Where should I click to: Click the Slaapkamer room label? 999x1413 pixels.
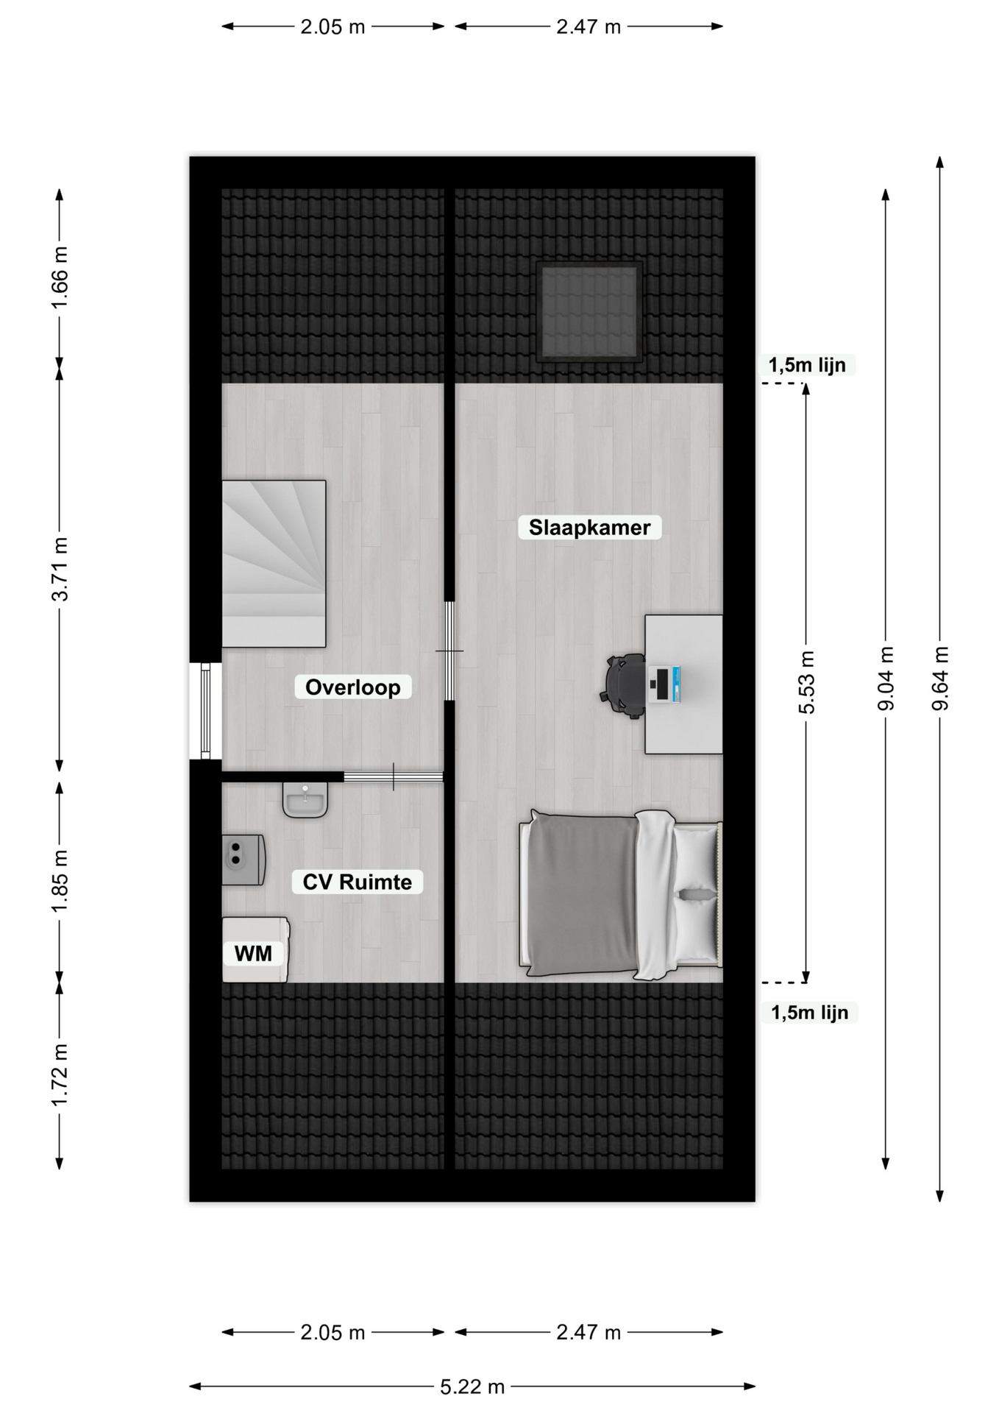pyautogui.click(x=589, y=528)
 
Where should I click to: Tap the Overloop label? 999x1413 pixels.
pyautogui.click(x=352, y=687)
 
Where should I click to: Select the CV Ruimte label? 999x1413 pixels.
pyautogui.click(x=357, y=882)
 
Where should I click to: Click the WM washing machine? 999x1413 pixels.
pyautogui.click(x=256, y=949)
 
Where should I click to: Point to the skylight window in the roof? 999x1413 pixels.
pyautogui.click(x=589, y=311)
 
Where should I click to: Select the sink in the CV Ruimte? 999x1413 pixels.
pyautogui.click(x=305, y=799)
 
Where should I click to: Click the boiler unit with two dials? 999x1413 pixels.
pyautogui.click(x=243, y=860)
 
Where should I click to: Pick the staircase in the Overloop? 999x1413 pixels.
pyautogui.click(x=274, y=564)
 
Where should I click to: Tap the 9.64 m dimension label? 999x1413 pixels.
pyautogui.click(x=940, y=678)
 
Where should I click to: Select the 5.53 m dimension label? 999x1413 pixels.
pyautogui.click(x=806, y=682)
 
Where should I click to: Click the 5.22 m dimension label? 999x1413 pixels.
pyautogui.click(x=472, y=1387)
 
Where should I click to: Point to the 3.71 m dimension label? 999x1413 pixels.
pyautogui.click(x=60, y=569)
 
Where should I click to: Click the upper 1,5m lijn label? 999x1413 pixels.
pyautogui.click(x=807, y=365)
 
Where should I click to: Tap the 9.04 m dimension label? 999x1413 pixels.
pyautogui.click(x=886, y=679)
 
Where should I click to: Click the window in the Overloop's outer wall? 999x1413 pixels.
pyautogui.click(x=206, y=711)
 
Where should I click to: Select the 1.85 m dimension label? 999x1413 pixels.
pyautogui.click(x=60, y=882)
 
